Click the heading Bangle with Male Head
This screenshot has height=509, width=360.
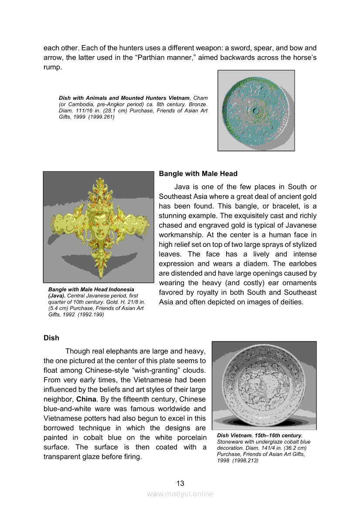(x=198, y=174)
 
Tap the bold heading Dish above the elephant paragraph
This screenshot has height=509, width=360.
(x=51, y=338)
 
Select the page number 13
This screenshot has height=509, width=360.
(x=180, y=483)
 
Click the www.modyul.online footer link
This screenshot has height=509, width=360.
(x=180, y=494)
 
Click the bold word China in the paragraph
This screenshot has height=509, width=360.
(x=87, y=399)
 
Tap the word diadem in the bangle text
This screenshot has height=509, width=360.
(x=251, y=264)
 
